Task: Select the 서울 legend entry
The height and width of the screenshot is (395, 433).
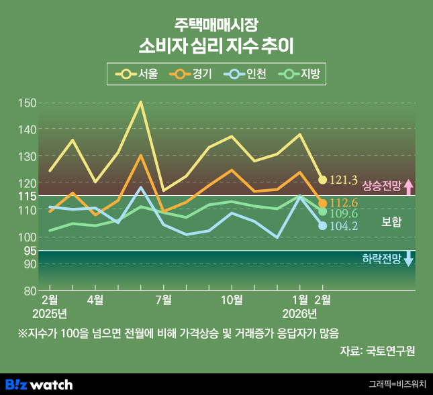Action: click(x=137, y=74)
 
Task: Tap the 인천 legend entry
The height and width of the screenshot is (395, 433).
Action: click(x=245, y=74)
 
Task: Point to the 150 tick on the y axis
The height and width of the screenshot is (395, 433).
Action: click(x=27, y=103)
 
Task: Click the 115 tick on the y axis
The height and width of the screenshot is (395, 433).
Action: click(x=27, y=196)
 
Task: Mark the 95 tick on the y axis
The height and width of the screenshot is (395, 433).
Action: click(x=27, y=250)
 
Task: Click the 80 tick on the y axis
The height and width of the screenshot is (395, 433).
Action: click(x=27, y=291)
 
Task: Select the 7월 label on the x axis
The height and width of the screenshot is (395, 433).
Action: click(x=163, y=299)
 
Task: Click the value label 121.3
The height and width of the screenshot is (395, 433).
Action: click(x=344, y=180)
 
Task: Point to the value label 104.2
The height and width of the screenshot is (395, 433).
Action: click(x=344, y=226)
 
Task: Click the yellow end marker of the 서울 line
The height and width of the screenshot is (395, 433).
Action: click(x=322, y=180)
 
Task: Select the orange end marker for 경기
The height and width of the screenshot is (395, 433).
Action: click(x=322, y=203)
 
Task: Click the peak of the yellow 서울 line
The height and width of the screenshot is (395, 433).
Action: click(x=141, y=102)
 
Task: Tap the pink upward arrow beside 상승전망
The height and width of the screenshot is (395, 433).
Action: click(x=408, y=186)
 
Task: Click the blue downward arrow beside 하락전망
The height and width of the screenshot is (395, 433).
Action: click(x=408, y=259)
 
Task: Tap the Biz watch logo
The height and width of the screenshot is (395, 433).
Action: click(x=39, y=384)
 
